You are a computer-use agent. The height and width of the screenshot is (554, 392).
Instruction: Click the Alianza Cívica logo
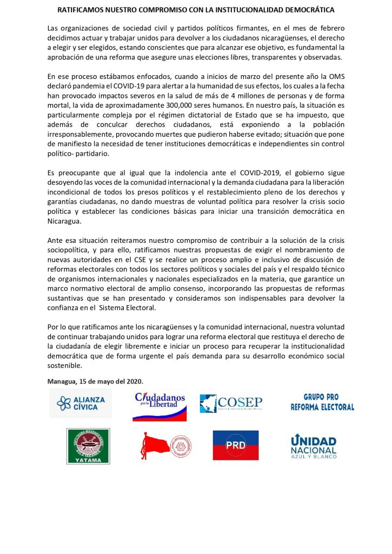click(81, 403)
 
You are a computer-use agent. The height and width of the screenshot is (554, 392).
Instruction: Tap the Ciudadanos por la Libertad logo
click(160, 406)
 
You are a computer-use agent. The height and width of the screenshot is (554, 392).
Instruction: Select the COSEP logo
click(231, 404)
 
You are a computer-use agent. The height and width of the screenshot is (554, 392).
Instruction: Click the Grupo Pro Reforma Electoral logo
click(322, 402)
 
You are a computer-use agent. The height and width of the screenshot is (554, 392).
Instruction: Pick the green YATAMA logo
click(88, 446)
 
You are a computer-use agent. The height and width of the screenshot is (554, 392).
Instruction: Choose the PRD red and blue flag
click(235, 445)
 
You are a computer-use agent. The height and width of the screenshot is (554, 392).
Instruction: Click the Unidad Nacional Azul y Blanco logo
click(314, 446)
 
